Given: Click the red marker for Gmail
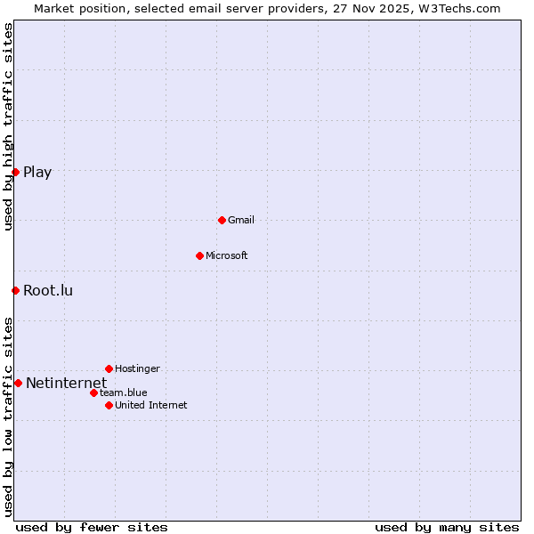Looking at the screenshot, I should tap(222, 220).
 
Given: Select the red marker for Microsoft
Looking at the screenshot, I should tap(199, 255).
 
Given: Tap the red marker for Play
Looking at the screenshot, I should tap(15, 172).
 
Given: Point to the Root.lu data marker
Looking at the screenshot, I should tap(15, 290).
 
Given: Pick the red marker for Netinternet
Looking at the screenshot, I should tap(18, 383).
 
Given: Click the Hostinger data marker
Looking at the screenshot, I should tap(109, 368).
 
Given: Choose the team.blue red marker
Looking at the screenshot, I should tap(93, 392).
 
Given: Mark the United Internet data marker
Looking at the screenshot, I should tap(109, 405).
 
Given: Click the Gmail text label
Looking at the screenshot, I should tap(241, 220).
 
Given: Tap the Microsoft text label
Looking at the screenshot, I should tap(227, 255).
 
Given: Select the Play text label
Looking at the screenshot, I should tap(37, 172).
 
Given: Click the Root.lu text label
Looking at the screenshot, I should tap(48, 290).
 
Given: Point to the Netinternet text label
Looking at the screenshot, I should tap(66, 383).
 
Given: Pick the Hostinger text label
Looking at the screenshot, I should tap(137, 368).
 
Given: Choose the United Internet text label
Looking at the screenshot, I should tap(151, 405).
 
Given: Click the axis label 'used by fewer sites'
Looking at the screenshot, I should tap(92, 527).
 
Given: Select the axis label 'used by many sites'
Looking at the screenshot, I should tap(447, 527).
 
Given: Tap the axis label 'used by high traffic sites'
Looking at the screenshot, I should tap(8, 126).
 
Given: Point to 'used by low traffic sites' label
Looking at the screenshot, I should tap(8, 416).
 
